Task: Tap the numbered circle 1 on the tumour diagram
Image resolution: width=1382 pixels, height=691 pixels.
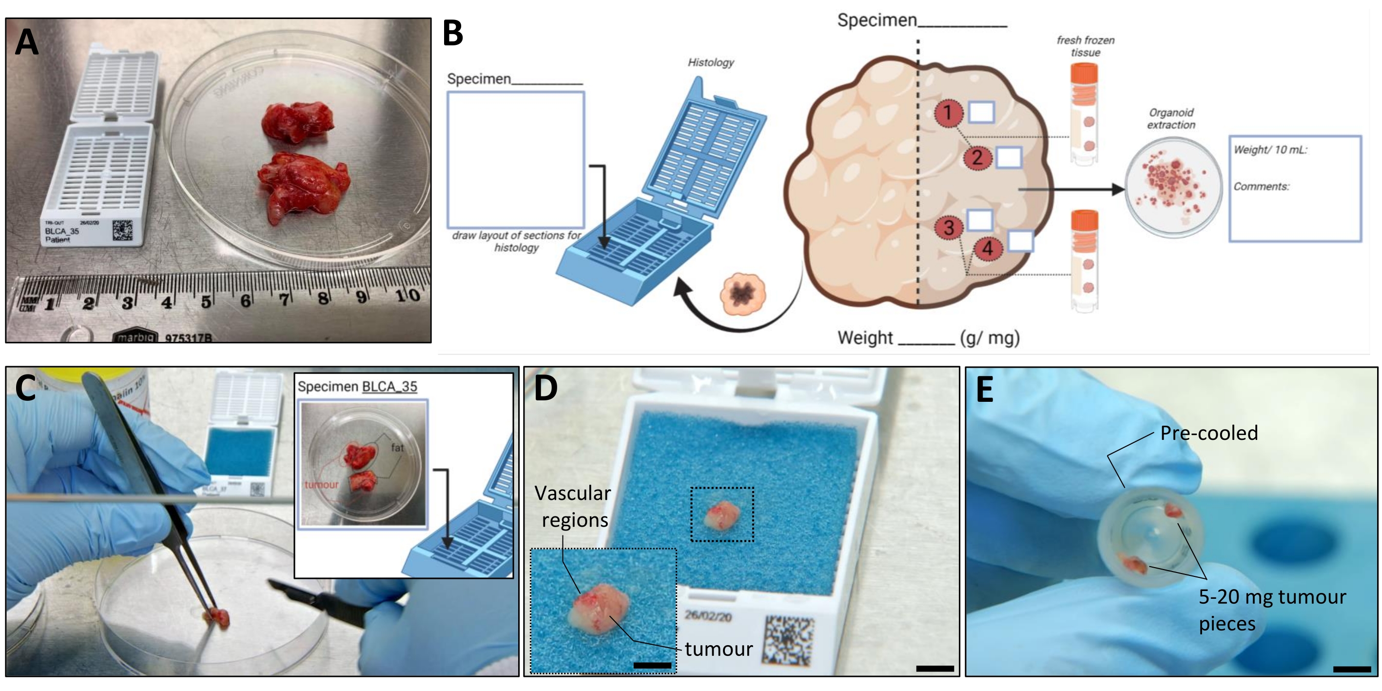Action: (x=948, y=113)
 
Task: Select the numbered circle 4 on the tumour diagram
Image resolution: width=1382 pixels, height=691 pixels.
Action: (x=987, y=248)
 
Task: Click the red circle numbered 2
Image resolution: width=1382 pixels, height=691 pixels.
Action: (x=977, y=158)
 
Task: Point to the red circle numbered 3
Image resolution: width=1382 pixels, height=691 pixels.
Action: (x=949, y=227)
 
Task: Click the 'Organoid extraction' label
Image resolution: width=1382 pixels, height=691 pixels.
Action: (x=1171, y=118)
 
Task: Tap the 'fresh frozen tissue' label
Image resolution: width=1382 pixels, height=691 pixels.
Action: (x=1085, y=46)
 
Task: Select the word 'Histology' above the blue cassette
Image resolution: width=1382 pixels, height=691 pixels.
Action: (x=711, y=62)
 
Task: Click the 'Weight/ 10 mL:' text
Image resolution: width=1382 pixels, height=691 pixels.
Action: (x=1270, y=150)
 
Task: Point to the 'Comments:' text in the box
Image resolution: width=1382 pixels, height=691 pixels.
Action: (x=1261, y=186)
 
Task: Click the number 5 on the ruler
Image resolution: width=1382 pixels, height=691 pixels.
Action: (x=206, y=301)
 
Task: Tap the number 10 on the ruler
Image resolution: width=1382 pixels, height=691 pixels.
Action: (x=407, y=295)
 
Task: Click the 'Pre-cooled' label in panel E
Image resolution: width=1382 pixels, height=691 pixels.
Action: (x=1209, y=433)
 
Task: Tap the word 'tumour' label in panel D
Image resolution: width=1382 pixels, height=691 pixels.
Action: (x=719, y=649)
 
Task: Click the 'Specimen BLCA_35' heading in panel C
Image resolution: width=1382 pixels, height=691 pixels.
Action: (x=357, y=386)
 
